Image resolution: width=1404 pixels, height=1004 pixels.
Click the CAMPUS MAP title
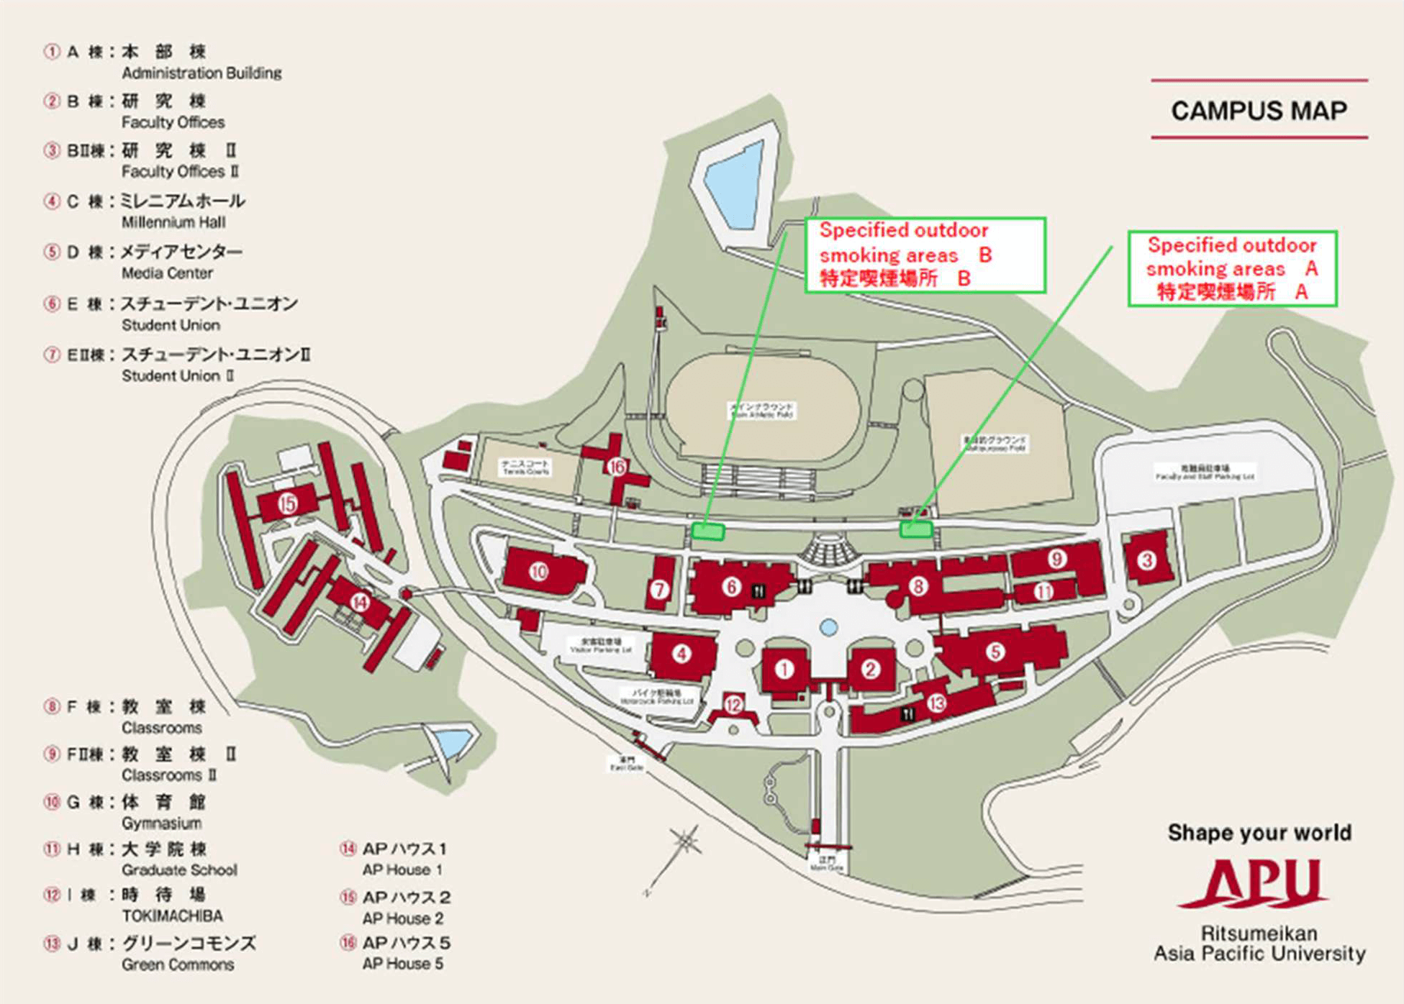[x=1259, y=111]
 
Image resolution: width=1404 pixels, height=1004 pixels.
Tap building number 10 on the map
[x=539, y=571]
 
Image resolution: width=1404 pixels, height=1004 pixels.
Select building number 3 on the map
[x=1147, y=560]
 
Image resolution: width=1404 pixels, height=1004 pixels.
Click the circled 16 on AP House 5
[x=617, y=467]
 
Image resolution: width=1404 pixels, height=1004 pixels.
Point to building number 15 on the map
[x=288, y=503]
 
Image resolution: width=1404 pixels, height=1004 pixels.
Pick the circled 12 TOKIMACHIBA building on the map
[x=733, y=704]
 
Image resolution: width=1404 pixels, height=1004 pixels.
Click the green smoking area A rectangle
[x=916, y=529]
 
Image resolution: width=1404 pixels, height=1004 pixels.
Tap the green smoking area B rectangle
[x=707, y=531]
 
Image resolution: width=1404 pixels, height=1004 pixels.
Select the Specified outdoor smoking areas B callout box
[x=925, y=255]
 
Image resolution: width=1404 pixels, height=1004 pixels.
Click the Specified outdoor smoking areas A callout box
[x=1232, y=268]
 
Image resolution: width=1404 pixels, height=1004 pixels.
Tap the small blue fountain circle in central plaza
[x=829, y=627]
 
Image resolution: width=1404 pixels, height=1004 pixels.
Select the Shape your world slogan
[x=1259, y=833]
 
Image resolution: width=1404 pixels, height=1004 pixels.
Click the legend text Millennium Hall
[x=173, y=222]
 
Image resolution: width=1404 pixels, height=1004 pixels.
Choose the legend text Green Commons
[x=178, y=964]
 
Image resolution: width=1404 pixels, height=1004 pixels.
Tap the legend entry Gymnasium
[x=161, y=823]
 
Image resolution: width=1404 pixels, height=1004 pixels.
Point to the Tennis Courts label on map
[x=526, y=467]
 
